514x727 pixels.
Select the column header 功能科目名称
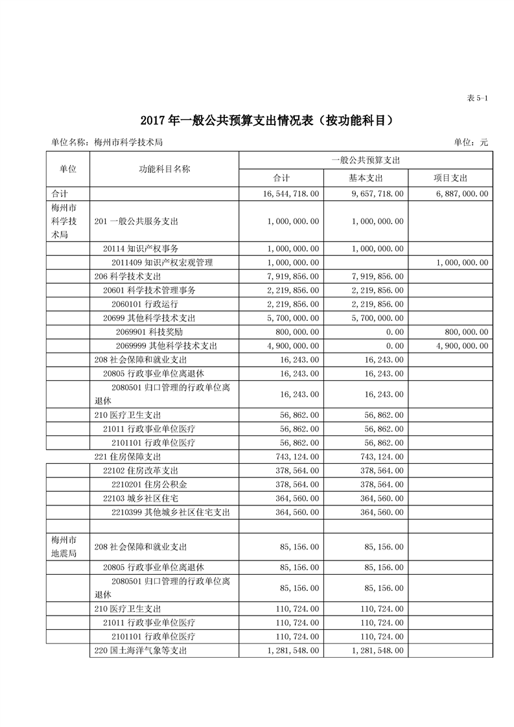[164, 168]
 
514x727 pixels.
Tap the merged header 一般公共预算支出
[366, 159]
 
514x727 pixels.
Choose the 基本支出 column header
[366, 178]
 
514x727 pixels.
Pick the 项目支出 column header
[450, 178]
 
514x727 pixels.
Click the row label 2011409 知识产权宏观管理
[162, 262]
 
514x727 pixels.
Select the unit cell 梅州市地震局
[67, 546]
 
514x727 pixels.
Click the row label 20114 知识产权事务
[141, 248]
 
